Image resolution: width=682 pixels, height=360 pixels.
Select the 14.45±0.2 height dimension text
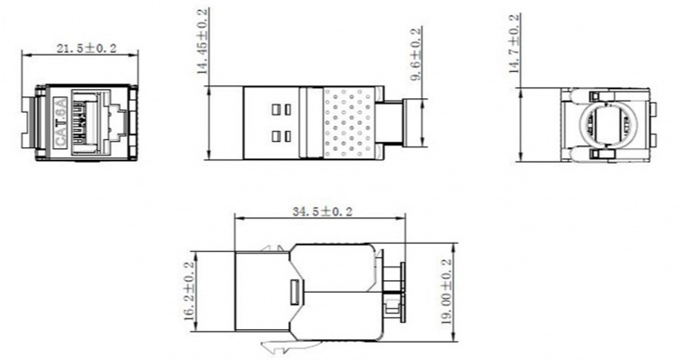[202, 43]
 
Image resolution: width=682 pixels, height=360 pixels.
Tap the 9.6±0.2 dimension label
[416, 56]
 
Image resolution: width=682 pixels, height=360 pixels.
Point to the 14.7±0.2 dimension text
[514, 43]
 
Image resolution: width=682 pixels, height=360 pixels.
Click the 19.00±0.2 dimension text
[446, 292]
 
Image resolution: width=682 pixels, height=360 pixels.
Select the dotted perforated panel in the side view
[349, 123]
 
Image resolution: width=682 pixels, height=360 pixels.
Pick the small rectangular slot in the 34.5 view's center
[294, 293]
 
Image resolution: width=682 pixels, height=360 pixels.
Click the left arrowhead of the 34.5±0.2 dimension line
[238, 218]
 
